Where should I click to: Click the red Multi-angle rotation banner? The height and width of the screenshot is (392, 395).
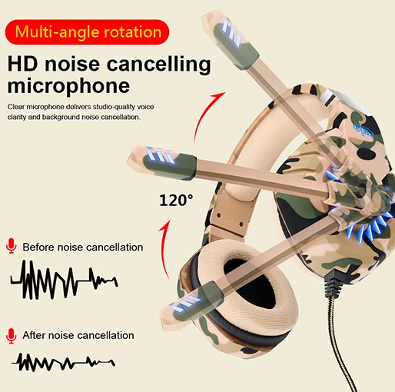(87, 32)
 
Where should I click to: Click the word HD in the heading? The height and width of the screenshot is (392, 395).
(22, 64)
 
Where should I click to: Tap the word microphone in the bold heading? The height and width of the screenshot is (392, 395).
(68, 87)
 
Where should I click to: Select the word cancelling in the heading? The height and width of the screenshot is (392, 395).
(158, 65)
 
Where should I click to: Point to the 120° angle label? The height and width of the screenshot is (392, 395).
(176, 201)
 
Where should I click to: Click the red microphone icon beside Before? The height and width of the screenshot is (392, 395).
(12, 246)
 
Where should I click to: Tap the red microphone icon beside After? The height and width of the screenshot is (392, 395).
(12, 336)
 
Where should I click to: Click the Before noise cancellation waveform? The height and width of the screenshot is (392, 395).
(64, 280)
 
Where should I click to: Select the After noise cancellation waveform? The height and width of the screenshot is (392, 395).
(63, 361)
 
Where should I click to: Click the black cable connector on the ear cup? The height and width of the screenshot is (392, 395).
(333, 282)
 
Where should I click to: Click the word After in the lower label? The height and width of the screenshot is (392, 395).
(34, 335)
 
